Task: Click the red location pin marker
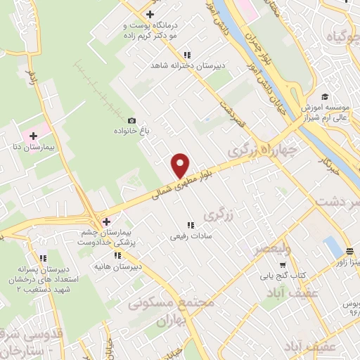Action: point(180,165)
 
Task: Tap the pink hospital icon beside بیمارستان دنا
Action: point(34,134)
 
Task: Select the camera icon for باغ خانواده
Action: point(131,120)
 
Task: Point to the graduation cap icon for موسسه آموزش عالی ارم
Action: point(324,97)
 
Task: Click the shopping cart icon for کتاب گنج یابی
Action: point(282,265)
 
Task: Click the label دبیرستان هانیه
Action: point(119,267)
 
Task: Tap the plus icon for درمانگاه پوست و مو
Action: point(150,15)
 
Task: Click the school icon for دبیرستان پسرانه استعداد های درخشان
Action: point(43,258)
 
